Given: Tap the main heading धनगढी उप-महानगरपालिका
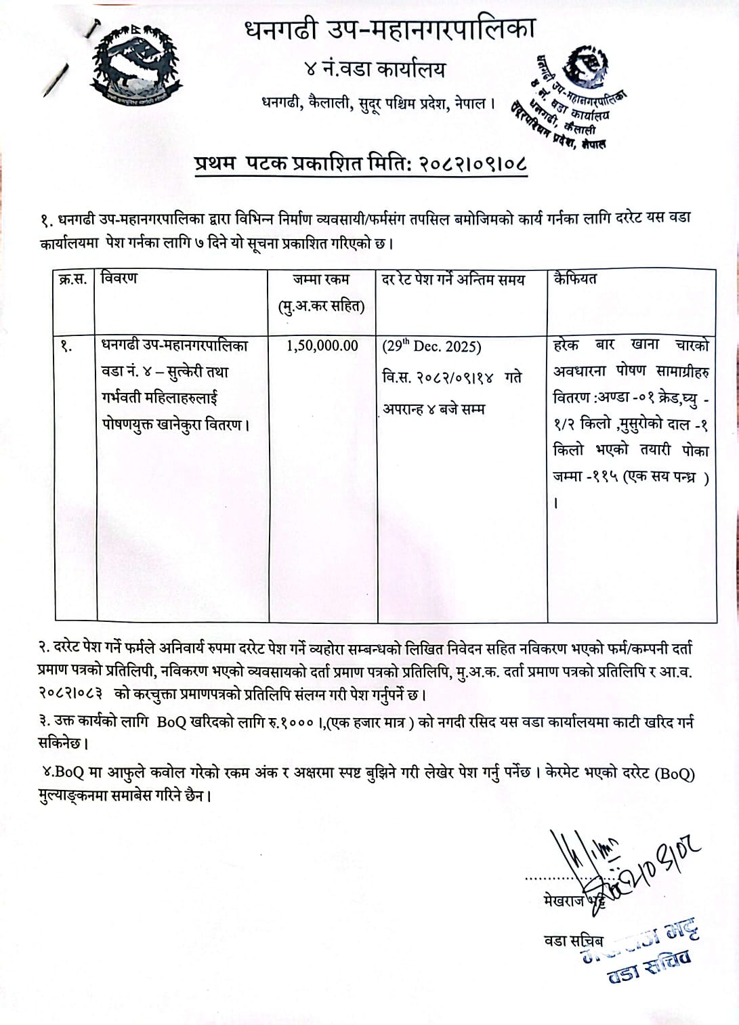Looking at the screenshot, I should (x=389, y=30).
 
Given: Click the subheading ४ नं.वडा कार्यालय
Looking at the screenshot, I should (x=375, y=69).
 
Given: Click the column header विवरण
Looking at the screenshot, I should (x=119, y=278).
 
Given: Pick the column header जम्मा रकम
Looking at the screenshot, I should (x=321, y=279).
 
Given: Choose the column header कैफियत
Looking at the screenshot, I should (x=575, y=278).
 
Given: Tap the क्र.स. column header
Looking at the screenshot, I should (x=73, y=279).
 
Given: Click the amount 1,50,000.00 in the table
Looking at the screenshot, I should (x=322, y=346).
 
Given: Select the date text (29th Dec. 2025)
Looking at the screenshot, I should (x=432, y=346).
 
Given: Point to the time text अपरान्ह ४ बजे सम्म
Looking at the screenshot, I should (x=434, y=409).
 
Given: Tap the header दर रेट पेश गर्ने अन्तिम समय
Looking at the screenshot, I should (x=453, y=279).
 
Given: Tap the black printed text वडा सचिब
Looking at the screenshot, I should (x=573, y=940).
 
